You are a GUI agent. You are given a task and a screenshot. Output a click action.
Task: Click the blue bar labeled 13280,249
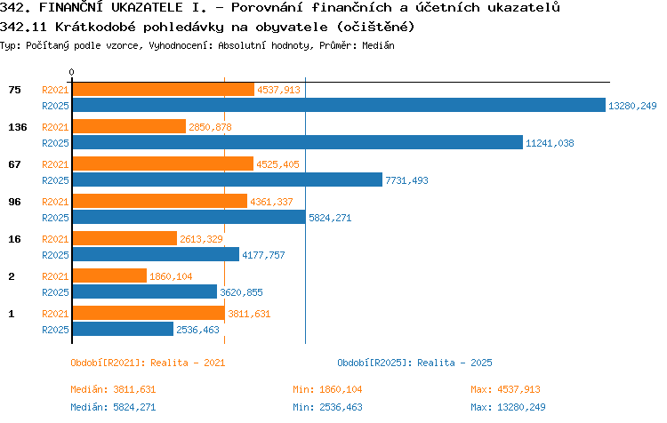339,105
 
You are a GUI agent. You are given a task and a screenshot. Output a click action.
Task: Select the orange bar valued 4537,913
164,89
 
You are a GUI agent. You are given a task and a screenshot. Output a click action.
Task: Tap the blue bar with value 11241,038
298,142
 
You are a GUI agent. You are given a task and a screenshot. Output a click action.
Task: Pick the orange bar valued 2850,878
129,126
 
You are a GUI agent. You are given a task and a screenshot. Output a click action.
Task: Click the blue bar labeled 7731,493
228,180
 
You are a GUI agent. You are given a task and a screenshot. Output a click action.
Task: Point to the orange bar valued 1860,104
109,275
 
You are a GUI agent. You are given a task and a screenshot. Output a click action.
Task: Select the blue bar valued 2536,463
123,329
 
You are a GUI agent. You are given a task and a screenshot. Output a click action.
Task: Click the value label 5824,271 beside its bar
330,218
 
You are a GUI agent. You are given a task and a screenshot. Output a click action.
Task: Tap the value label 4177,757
263,255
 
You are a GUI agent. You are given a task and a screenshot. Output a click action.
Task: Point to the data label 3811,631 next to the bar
249,314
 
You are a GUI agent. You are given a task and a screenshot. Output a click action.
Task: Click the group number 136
18,127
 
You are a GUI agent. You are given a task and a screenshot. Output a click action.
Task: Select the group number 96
14,202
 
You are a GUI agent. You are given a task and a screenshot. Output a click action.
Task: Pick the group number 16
14,239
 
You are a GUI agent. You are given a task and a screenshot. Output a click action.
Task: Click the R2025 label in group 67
55,180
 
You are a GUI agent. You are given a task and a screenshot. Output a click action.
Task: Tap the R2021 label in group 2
55,276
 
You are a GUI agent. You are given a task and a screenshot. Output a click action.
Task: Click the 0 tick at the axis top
71,72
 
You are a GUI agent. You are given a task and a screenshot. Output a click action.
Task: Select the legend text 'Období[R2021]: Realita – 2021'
148,363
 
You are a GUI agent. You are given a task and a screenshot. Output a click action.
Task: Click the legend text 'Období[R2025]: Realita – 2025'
414,363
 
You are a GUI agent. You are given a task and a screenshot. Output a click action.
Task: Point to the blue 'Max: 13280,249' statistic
508,407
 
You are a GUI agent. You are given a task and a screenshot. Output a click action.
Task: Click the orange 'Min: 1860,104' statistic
327,389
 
